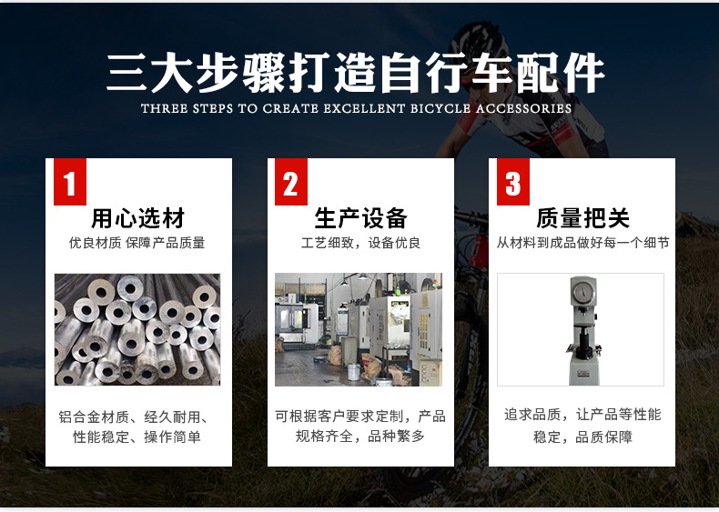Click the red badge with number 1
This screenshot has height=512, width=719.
pos(70,182)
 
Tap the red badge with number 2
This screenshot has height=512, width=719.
pos(290,182)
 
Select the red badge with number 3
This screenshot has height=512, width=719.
pos(513,182)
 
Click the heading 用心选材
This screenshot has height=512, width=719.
pos(138,218)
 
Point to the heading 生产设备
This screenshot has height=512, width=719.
pos(361,218)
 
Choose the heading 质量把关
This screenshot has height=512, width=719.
pos(582,218)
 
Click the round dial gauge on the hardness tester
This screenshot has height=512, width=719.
pos(583,292)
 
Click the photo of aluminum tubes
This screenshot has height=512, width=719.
pos(137,329)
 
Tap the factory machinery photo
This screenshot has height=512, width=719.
pos(359,329)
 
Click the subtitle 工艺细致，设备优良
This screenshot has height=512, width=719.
pos(361,243)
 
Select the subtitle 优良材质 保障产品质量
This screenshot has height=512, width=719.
pos(137,243)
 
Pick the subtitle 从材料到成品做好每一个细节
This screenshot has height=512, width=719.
pos(582,243)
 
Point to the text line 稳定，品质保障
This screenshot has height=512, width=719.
pos(582,437)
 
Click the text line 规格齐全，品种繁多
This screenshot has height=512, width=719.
pos(360,436)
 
